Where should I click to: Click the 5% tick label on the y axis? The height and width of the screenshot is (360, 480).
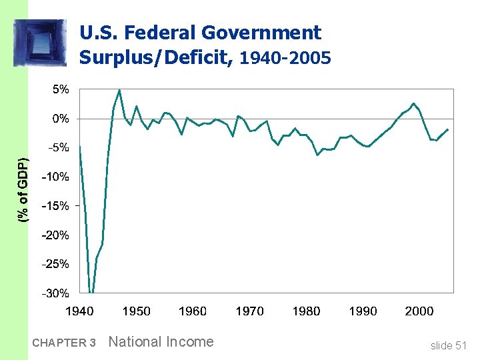coord(61,89)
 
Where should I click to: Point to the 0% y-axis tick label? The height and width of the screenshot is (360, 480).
coord(61,119)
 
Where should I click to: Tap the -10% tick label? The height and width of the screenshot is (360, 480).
coord(56,177)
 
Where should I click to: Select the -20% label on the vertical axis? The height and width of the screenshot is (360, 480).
coord(56,235)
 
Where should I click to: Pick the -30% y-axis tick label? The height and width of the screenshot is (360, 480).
coord(56,293)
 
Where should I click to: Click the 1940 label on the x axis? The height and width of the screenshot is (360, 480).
coord(79,311)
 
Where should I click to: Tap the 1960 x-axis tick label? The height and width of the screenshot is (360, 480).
coord(193,311)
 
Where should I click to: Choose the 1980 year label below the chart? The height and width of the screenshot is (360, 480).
coord(306,311)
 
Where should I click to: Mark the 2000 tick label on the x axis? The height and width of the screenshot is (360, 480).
coord(419,311)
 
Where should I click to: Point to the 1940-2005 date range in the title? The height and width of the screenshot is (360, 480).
coord(285,58)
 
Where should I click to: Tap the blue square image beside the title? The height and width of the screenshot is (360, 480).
coord(40,43)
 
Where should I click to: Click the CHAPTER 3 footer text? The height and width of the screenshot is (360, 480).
coord(64,343)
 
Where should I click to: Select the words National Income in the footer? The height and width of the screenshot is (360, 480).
coord(161,342)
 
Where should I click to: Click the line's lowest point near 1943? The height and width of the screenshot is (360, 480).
coord(91,292)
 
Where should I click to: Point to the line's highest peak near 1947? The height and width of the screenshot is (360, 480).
coord(119,90)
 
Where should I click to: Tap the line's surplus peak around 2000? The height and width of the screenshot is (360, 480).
coord(414,103)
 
